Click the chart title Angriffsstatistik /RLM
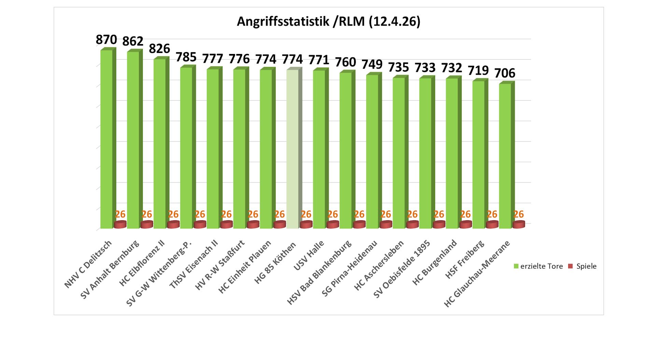[328, 22]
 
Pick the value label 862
[133, 41]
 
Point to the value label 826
[159, 49]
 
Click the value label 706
[505, 73]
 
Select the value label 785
[186, 57]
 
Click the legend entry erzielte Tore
[538, 266]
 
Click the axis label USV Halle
[309, 255]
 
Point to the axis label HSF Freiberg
[465, 259]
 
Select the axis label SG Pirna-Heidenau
[350, 268]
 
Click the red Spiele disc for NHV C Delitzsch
[120, 224]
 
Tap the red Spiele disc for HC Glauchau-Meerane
[519, 224]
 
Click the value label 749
[372, 65]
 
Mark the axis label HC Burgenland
[435, 262]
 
